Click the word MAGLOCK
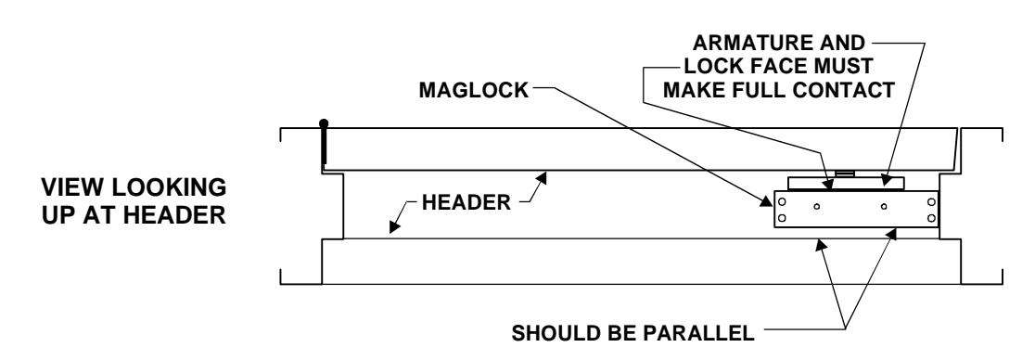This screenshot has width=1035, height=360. tap(474, 90)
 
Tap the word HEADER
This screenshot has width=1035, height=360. tap(466, 202)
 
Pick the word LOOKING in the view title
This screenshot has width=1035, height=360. tap(170, 187)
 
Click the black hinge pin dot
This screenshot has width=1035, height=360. tap(324, 123)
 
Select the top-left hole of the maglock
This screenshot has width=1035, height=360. tap(782, 202)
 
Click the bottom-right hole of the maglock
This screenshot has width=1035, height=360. tap(931, 218)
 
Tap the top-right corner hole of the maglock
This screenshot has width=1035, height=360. tap(931, 202)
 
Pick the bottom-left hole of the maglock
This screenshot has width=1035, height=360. tap(782, 218)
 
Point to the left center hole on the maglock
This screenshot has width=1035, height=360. tap(817, 207)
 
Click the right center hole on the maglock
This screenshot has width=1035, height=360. tap(884, 207)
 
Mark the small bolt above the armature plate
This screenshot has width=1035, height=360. tap(845, 174)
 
